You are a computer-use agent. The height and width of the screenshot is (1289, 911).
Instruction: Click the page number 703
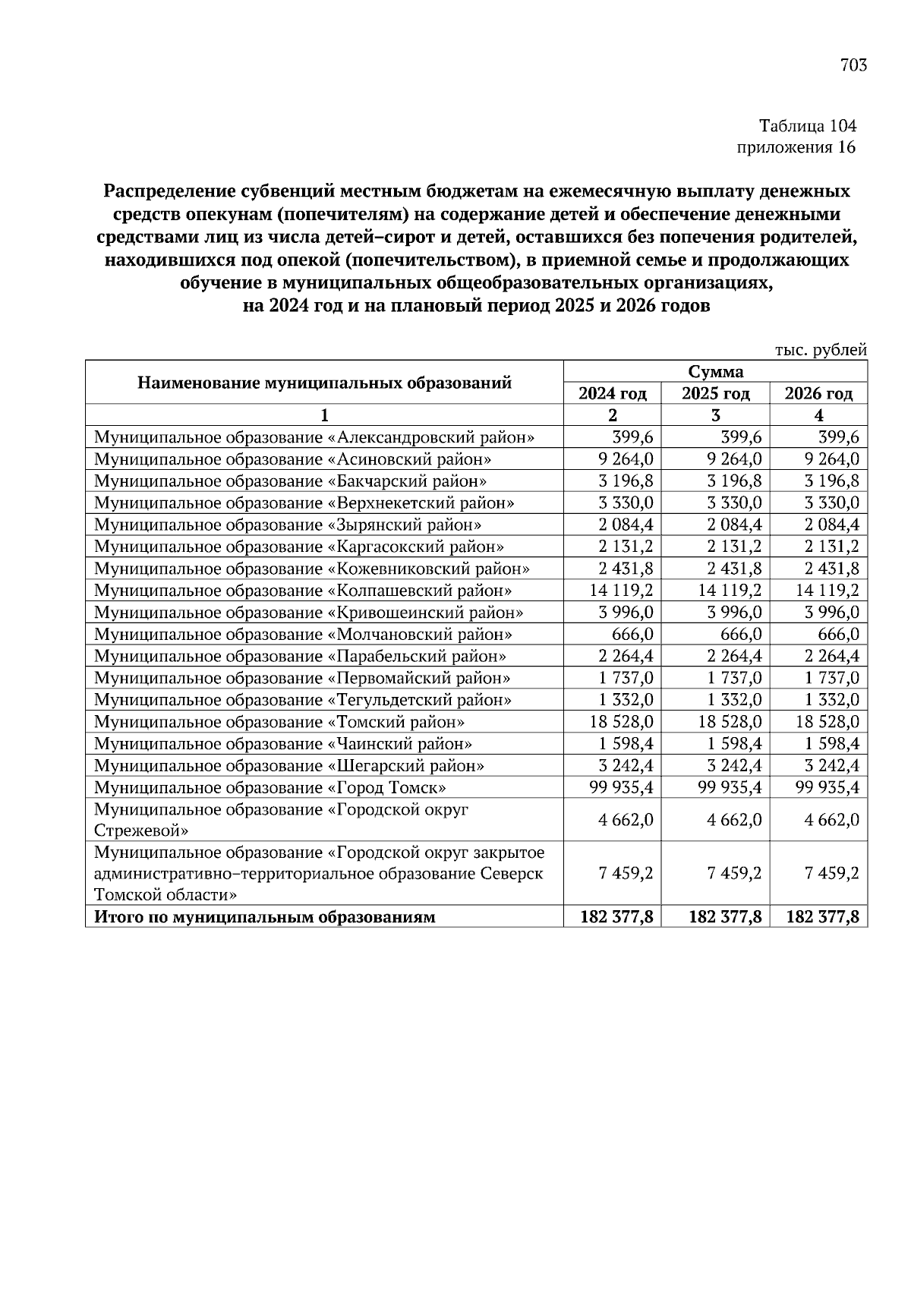point(853,65)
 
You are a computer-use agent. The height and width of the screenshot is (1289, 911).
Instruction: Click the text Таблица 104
point(808,126)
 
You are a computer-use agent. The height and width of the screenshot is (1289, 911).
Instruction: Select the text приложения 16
point(797,147)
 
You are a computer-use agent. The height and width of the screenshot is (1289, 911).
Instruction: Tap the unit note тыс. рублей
point(820,350)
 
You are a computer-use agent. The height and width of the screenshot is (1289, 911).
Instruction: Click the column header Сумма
point(715,372)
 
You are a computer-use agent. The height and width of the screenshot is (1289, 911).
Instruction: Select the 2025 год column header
point(715,393)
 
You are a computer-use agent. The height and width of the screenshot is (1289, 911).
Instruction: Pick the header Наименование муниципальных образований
point(324,383)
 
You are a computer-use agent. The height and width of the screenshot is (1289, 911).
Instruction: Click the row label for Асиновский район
point(292,459)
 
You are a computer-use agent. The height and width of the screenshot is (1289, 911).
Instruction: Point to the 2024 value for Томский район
point(621,722)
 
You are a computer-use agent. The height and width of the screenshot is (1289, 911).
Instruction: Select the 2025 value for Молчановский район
point(734,634)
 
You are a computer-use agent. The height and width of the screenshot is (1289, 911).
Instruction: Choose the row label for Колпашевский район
point(302,591)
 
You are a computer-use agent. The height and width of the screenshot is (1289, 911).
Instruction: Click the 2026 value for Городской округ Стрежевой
point(832,820)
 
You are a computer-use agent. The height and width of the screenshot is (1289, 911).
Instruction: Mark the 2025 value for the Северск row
point(734,873)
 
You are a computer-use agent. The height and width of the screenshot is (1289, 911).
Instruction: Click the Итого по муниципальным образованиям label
point(264,917)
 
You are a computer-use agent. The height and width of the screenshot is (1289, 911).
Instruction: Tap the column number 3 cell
point(715,415)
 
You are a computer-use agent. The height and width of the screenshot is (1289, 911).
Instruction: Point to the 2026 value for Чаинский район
point(832,744)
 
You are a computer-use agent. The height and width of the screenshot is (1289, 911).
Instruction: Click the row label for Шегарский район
point(288,766)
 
